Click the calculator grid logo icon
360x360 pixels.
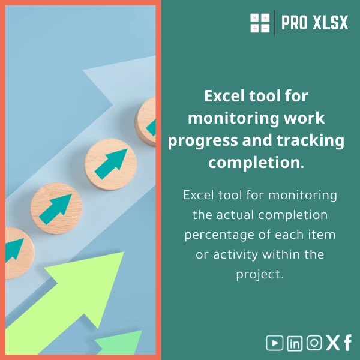click(x=260, y=23)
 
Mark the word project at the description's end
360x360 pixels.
click(x=259, y=274)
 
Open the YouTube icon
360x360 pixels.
click(x=274, y=343)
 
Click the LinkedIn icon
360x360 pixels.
click(x=295, y=343)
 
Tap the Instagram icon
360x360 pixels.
click(x=314, y=343)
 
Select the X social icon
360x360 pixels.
click(x=332, y=343)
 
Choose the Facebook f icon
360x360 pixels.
click(x=347, y=343)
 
